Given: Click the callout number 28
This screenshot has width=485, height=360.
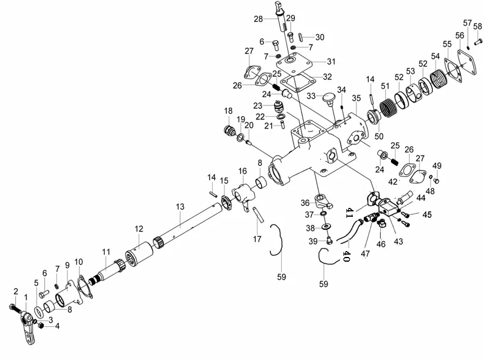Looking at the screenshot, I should click(x=258, y=19).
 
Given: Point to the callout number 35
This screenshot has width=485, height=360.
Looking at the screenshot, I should click(x=356, y=98).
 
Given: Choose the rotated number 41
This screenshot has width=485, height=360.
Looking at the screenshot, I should click(x=349, y=212).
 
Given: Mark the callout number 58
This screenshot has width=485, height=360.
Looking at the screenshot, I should click(x=478, y=27).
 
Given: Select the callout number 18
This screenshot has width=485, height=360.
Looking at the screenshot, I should click(x=228, y=111).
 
